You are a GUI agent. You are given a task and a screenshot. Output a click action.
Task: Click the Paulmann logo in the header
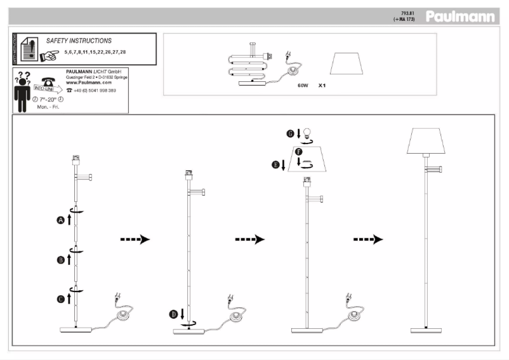[x=460, y=16]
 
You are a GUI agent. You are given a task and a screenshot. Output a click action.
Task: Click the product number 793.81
[x=407, y=13]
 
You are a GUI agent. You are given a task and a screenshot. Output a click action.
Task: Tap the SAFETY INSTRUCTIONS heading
[x=79, y=40]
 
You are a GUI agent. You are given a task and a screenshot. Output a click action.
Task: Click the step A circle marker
[x=61, y=220]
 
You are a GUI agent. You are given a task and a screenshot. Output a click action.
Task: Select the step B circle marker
[x=61, y=260]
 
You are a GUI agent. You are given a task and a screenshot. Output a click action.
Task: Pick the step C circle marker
[x=61, y=298]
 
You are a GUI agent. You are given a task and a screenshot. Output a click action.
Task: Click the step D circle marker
[x=173, y=313]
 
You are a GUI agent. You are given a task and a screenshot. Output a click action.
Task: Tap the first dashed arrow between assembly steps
[x=135, y=239]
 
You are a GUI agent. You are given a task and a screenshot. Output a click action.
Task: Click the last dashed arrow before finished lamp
[x=368, y=239]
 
